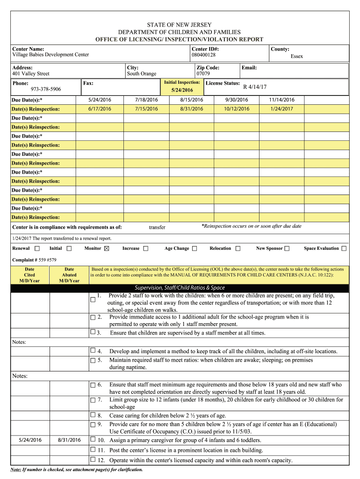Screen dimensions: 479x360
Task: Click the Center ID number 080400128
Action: [x=203, y=55]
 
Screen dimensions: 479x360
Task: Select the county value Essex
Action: [x=296, y=56]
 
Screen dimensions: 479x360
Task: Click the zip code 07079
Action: [x=202, y=74]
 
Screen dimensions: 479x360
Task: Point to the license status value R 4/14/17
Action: [x=255, y=87]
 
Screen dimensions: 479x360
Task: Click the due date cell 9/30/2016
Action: [x=237, y=100]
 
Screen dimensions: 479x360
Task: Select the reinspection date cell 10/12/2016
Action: [x=237, y=109]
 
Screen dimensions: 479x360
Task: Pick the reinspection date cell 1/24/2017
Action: [x=281, y=109]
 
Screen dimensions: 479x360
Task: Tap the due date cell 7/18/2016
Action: [x=146, y=100]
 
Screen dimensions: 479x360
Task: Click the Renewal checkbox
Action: [x=37, y=248]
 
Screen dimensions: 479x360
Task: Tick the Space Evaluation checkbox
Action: [x=344, y=248]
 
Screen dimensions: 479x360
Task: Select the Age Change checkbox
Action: [x=194, y=248]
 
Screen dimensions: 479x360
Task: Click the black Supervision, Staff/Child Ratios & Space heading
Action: [x=180, y=288]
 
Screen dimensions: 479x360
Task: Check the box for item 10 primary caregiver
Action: [x=93, y=440]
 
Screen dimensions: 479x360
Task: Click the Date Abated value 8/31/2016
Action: [x=69, y=440]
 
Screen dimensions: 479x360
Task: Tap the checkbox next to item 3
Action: [x=93, y=332]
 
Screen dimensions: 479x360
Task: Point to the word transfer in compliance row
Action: [x=157, y=227]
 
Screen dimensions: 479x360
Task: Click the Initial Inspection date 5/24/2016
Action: [x=182, y=90]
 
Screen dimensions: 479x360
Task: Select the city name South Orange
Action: [x=142, y=74]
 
